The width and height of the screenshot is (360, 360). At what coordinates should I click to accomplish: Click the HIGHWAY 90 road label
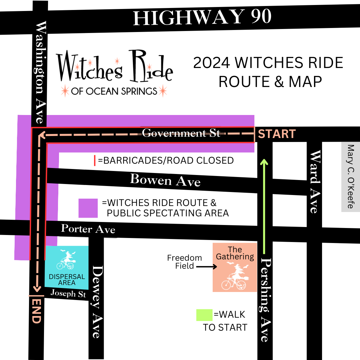202,17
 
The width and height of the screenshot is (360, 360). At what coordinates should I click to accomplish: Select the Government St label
181,133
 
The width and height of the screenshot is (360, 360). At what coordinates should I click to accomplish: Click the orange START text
277,134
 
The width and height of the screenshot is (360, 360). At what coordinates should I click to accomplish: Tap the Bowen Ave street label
165,180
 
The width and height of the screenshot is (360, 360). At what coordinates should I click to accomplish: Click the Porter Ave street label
88,229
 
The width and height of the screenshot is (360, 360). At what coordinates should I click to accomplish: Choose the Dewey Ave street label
97,302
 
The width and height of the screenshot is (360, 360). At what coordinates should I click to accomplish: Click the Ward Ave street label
314,182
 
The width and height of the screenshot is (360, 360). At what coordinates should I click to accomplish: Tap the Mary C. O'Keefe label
350,177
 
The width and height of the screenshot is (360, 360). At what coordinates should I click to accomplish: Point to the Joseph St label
68,293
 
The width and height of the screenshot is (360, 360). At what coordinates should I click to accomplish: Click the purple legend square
88,208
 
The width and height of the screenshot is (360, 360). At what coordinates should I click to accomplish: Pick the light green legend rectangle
204,315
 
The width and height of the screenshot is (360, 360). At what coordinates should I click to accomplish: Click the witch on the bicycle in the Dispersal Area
66,261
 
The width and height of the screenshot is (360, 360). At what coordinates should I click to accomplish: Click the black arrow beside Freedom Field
206,267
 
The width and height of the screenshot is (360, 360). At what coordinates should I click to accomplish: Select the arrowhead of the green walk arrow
264,162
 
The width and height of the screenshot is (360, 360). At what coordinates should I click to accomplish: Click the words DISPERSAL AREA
67,280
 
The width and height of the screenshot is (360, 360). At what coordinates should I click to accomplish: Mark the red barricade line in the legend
95,160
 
